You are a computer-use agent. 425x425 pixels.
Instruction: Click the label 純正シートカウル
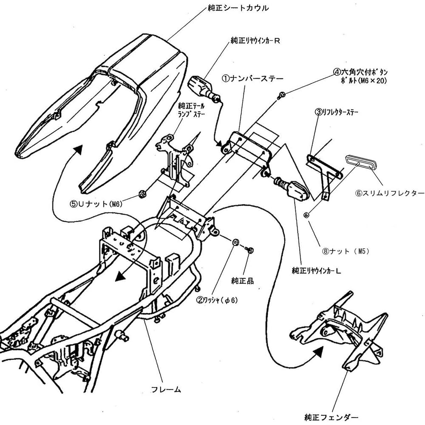[238, 8]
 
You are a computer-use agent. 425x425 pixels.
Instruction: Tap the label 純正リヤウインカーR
[255, 41]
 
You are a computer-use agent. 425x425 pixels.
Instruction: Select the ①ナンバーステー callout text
[252, 79]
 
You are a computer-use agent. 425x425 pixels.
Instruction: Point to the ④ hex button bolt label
[360, 76]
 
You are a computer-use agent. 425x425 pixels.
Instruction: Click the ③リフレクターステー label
[336, 112]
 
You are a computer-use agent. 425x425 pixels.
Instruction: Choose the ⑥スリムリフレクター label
[389, 193]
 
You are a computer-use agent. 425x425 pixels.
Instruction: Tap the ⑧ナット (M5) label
[346, 251]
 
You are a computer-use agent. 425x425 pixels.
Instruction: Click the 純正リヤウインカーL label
[316, 270]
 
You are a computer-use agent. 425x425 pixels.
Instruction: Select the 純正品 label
[242, 280]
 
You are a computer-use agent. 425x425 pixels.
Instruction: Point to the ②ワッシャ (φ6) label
[217, 300]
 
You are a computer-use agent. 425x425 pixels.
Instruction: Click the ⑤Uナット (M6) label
[96, 204]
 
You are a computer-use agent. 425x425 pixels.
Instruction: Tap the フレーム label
[166, 389]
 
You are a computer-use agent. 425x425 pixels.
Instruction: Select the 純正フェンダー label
[331, 417]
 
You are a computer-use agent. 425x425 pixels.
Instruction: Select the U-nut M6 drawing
[141, 194]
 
